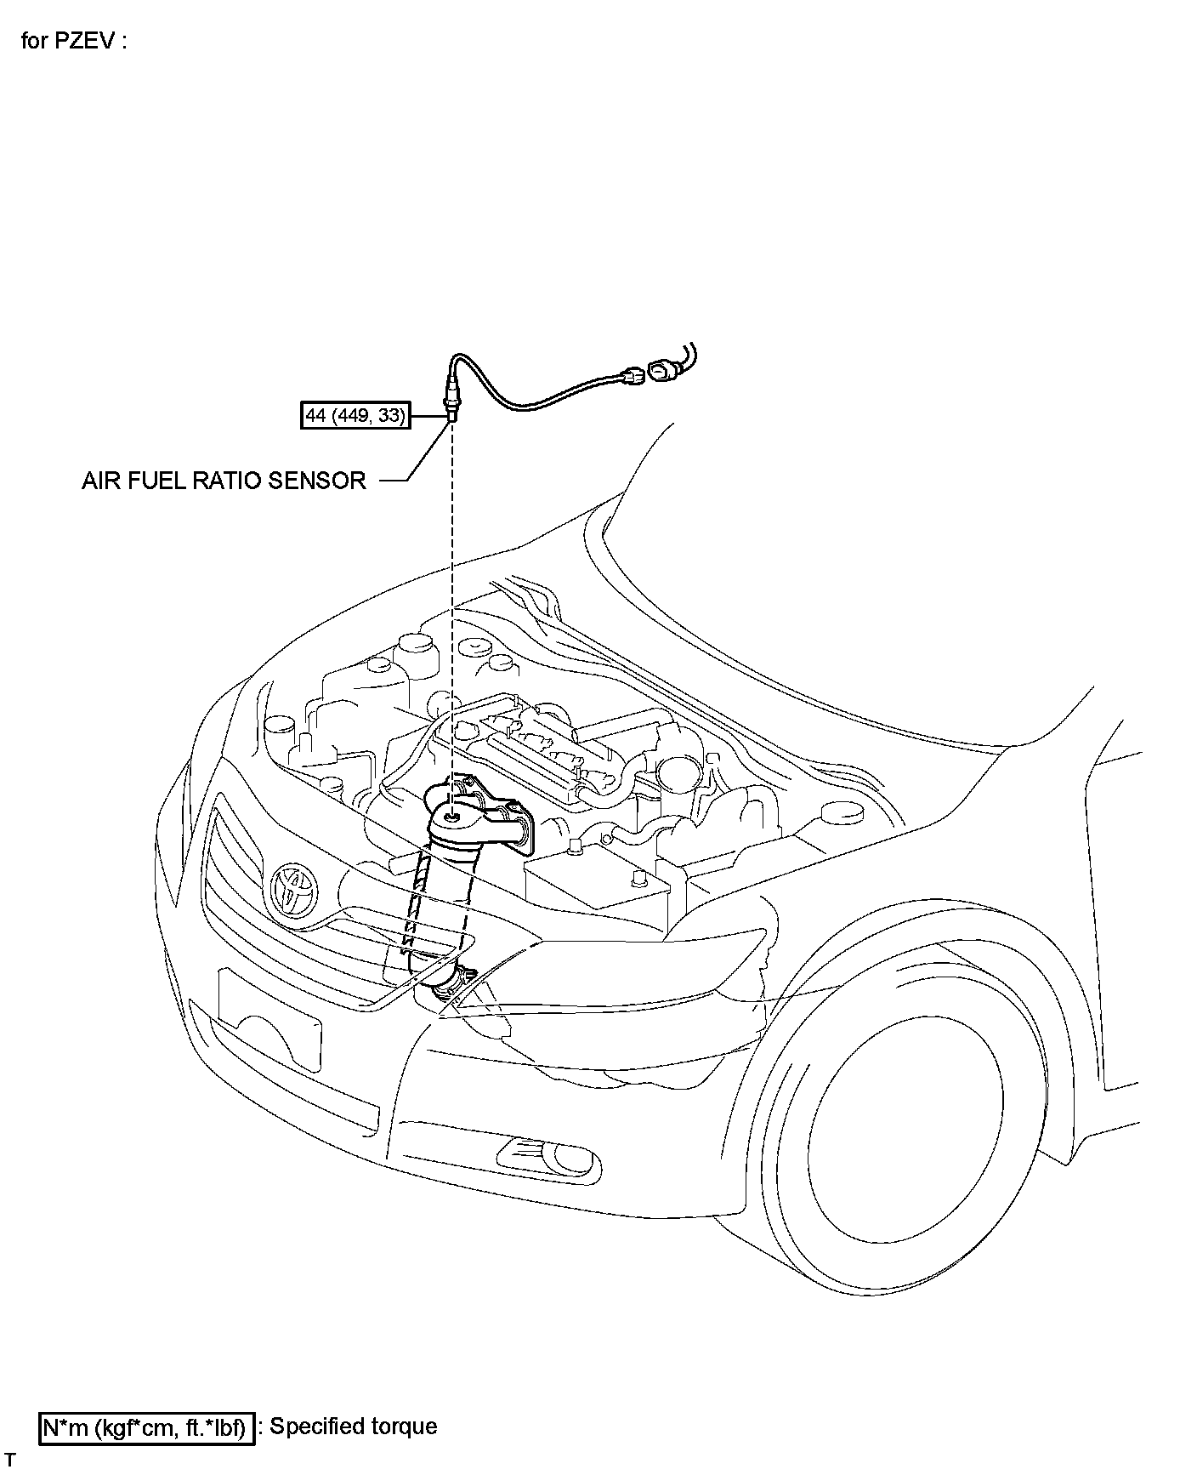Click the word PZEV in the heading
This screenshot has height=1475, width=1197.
tap(84, 41)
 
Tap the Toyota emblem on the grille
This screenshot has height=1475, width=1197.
tap(291, 890)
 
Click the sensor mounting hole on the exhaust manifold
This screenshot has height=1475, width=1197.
tap(451, 817)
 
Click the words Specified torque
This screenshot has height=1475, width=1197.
tap(353, 1427)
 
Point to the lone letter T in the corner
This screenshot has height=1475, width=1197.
tap(10, 1461)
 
